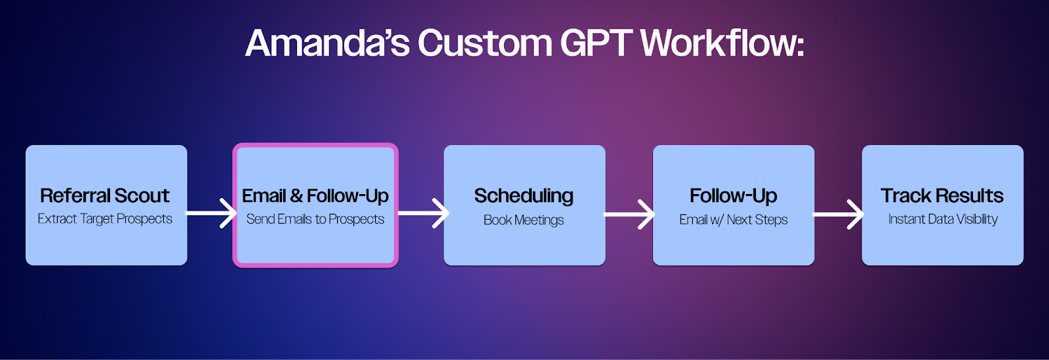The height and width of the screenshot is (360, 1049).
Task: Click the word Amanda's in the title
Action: [x=327, y=43]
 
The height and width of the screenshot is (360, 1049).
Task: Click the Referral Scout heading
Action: [x=104, y=195]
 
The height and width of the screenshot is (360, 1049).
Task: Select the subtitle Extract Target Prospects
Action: [x=105, y=219]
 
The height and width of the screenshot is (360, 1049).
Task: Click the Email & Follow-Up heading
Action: [x=315, y=196]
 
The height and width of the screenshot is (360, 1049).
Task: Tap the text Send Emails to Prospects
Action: [x=315, y=219]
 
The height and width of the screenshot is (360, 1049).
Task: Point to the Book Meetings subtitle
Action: [x=524, y=220]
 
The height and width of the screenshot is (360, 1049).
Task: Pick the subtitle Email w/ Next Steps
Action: [x=734, y=220]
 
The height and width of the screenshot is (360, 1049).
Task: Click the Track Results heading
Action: [x=941, y=195]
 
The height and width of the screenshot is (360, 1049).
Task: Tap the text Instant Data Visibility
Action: [x=943, y=219]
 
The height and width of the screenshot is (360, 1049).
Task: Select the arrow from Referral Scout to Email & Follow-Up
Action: [x=211, y=214]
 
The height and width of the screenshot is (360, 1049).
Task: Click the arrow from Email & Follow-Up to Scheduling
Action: [x=424, y=214]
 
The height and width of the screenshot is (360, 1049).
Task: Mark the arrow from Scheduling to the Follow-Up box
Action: [x=629, y=214]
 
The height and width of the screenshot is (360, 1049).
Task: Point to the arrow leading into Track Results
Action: [x=839, y=214]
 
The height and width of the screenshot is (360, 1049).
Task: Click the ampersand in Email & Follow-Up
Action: [x=296, y=196]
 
